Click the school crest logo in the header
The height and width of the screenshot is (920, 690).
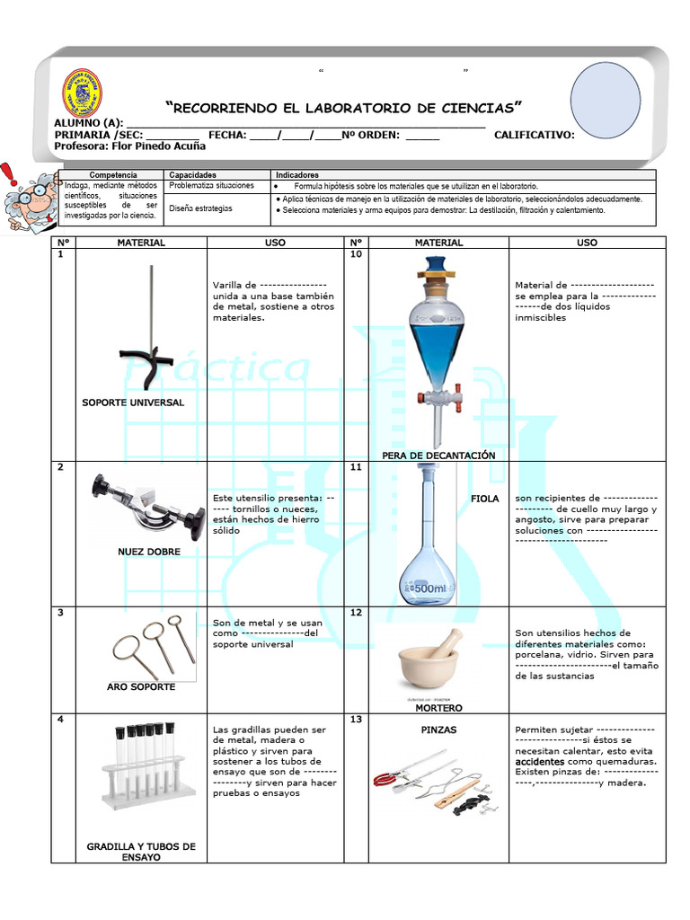82,93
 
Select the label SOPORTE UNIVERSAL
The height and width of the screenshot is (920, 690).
133,402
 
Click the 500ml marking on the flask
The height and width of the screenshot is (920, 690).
428,588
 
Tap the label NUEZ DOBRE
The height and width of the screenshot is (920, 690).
149,552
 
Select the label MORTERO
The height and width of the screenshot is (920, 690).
438,708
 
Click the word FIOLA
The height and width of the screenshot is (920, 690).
484,498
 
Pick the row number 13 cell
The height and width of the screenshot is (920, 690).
355,720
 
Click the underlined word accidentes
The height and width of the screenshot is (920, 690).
540,761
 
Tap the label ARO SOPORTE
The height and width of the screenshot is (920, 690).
141,686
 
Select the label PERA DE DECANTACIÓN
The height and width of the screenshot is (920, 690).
438,456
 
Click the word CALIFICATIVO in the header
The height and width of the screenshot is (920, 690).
534,135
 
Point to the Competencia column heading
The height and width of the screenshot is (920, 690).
113,174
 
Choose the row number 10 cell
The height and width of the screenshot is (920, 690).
355,254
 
